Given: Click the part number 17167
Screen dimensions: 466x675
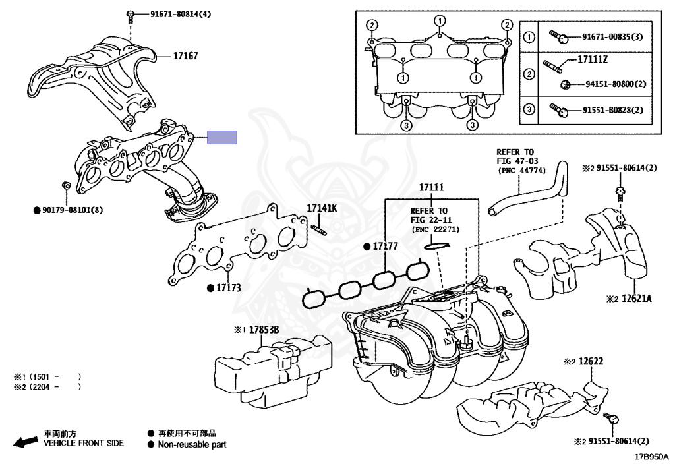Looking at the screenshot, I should click(x=185, y=57).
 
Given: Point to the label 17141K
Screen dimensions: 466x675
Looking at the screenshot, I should click(x=322, y=208).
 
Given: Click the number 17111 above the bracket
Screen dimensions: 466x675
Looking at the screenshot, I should click(x=432, y=189).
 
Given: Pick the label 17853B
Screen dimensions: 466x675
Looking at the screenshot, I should click(x=264, y=330).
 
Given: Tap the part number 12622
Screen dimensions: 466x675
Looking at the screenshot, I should click(x=591, y=361).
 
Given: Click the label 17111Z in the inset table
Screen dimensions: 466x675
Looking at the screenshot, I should click(x=592, y=60).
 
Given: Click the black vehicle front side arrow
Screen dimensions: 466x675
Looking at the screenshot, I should click(x=25, y=441).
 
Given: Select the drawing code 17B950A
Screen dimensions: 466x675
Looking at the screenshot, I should click(x=651, y=456).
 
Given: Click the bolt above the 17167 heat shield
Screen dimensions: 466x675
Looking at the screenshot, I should click(x=130, y=14).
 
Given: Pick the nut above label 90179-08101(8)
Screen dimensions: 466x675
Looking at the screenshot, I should click(x=65, y=186).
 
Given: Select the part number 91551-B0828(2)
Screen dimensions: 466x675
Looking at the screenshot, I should click(x=612, y=109).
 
